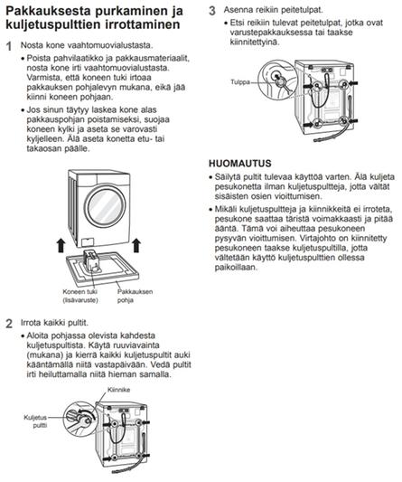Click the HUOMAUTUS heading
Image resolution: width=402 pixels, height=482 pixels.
[x=240, y=163]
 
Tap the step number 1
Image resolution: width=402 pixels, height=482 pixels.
[x=9, y=46]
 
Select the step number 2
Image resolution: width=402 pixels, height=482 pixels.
[x=9, y=324]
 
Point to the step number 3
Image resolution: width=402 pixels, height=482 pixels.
[x=212, y=11]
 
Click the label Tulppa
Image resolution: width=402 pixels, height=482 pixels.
[x=240, y=82]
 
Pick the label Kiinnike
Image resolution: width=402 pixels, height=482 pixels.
[x=118, y=390]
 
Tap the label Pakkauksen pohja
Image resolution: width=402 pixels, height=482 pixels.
[x=135, y=296]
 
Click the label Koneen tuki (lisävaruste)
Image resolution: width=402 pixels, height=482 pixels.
[x=80, y=296]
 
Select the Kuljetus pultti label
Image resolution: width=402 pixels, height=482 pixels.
[x=35, y=421]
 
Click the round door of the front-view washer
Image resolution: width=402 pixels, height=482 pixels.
[x=105, y=206]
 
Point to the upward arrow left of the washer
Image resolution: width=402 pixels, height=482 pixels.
[x=61, y=246]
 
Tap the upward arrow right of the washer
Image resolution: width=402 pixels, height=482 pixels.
[x=136, y=246]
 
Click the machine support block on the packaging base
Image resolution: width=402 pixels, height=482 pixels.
[x=91, y=260]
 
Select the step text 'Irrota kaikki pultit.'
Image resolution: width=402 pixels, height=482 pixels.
[x=54, y=323]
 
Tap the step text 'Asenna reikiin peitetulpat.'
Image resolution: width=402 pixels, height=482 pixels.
[x=274, y=10]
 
